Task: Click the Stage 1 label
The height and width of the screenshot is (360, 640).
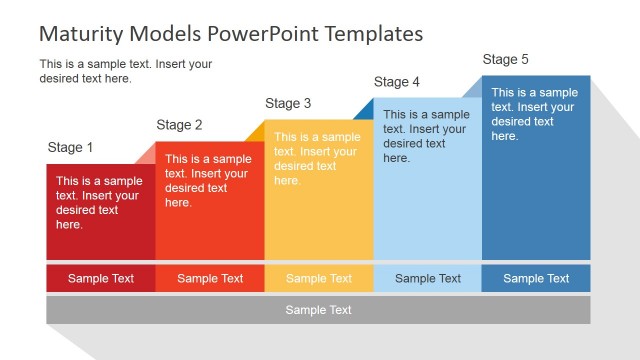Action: [70, 148]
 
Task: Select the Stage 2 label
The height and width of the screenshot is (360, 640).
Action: [179, 125]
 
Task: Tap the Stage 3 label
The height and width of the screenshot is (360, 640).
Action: [288, 103]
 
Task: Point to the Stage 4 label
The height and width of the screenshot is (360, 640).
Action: [397, 82]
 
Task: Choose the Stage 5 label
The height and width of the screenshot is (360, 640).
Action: [506, 60]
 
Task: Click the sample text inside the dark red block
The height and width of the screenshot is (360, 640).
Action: [99, 203]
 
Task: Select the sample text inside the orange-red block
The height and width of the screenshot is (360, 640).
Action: [208, 181]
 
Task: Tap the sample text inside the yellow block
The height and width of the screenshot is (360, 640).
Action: [317, 159]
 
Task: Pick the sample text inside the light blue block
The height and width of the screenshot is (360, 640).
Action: [426, 136]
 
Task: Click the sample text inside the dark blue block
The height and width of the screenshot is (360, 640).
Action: [535, 114]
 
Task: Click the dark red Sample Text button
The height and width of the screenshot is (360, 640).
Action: [100, 279]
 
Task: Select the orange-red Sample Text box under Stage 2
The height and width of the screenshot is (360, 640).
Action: [210, 279]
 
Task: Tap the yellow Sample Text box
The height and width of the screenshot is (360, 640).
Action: [319, 279]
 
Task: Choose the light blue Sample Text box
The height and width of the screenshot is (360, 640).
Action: [428, 279]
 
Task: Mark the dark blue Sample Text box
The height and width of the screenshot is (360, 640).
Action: [536, 279]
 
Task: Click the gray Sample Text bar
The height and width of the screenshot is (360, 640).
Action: [319, 310]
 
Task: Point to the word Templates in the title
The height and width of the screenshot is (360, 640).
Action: [367, 33]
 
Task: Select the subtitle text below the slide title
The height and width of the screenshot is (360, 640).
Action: [125, 71]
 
